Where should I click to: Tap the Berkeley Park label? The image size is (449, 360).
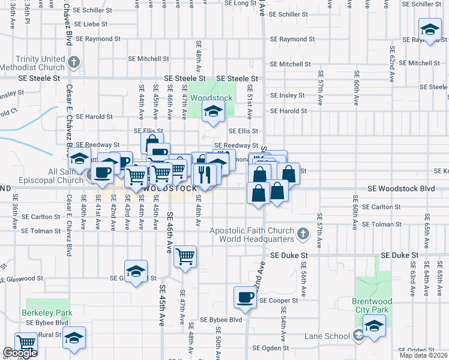47,313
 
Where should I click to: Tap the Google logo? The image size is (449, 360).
20,353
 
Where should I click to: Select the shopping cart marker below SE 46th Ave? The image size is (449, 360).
185,256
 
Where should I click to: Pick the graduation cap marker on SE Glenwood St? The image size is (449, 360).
136,271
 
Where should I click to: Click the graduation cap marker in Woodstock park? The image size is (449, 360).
212,110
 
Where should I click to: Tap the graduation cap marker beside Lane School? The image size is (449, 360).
374,325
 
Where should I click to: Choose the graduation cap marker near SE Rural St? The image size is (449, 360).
74,337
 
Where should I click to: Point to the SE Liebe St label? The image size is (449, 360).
87,25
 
